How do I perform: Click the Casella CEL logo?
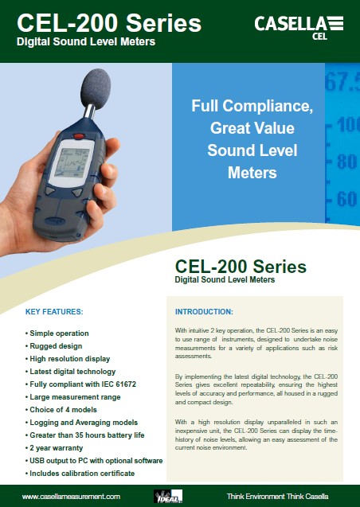tap(299, 28)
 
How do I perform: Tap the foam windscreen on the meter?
tap(95, 88)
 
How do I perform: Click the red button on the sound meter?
tap(79, 136)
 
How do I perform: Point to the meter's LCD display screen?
tap(72, 162)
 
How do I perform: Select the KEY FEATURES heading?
tap(54, 312)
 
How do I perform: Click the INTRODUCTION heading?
tap(204, 312)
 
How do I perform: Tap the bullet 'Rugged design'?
tap(53, 346)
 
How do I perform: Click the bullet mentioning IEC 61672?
tap(80, 384)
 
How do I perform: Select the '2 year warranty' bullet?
tap(54, 448)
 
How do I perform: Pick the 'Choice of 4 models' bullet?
tap(61, 410)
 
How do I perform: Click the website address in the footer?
tap(71, 497)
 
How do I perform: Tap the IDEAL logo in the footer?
tap(168, 496)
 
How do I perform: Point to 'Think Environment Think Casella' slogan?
tap(277, 497)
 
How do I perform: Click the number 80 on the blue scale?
tap(346, 161)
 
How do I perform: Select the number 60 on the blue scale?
tap(346, 198)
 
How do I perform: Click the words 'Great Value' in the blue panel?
tap(252, 128)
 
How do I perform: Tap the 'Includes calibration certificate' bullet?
tap(80, 474)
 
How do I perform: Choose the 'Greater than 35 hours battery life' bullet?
tap(84, 435)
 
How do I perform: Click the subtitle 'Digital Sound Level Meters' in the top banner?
tap(86, 41)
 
